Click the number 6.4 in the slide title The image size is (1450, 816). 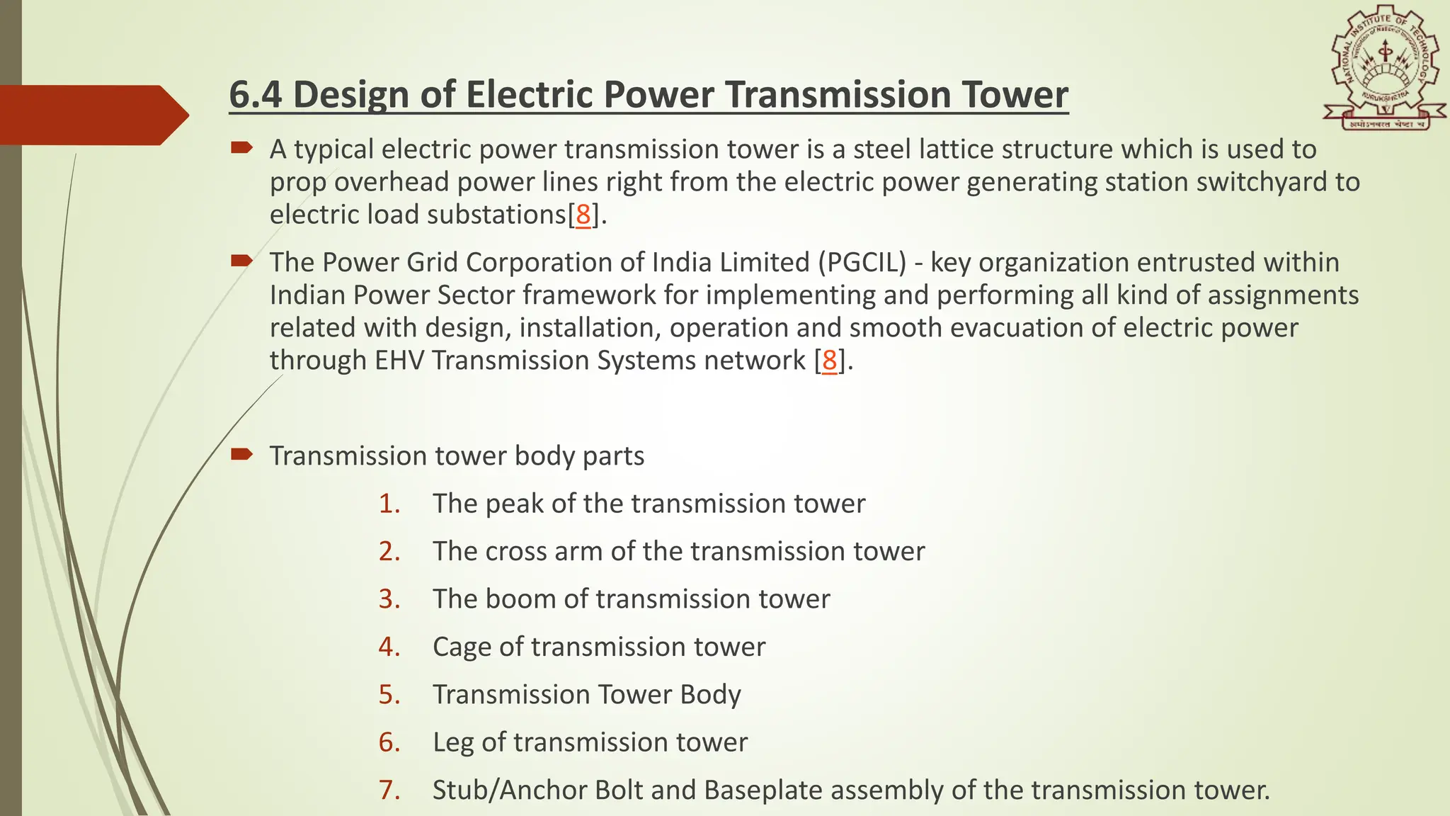(255, 95)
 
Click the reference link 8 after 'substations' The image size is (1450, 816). (583, 215)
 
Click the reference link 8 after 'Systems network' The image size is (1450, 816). (829, 361)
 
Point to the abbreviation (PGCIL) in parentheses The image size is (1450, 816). (862, 263)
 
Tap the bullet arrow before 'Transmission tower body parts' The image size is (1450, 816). (241, 454)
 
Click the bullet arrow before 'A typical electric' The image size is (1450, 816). (241, 147)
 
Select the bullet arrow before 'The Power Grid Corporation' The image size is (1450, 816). (241, 261)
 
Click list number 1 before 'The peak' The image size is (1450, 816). (389, 504)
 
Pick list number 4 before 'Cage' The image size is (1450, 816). (389, 647)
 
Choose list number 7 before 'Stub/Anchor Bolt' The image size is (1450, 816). (389, 790)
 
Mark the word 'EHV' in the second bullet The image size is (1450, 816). (399, 361)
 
